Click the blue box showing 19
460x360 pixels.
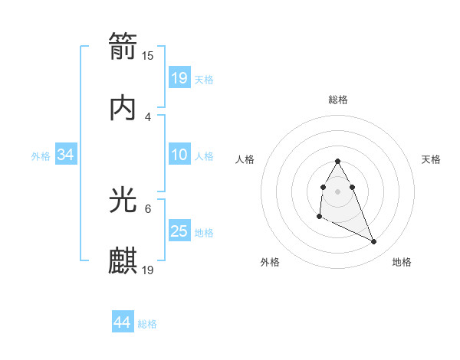(x=179, y=78)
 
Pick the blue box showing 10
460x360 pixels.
(x=179, y=155)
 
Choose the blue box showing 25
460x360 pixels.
(x=179, y=231)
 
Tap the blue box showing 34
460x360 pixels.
(x=66, y=155)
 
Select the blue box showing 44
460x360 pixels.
(x=122, y=322)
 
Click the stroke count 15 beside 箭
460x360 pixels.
(x=148, y=56)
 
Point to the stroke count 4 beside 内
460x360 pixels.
(x=148, y=117)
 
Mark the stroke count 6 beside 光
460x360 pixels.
(x=148, y=208)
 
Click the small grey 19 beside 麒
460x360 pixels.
(x=148, y=270)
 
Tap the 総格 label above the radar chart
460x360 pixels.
(x=338, y=100)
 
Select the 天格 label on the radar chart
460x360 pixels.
(x=432, y=159)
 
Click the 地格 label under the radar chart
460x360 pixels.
(x=402, y=262)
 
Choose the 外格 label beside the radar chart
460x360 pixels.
(x=270, y=262)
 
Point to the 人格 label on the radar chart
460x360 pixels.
(x=245, y=159)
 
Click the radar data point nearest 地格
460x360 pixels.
(x=374, y=242)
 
